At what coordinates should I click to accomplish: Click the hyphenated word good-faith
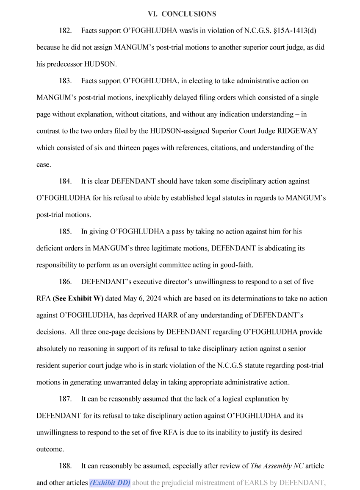tap(236, 265)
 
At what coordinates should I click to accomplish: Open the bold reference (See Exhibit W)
tap(78, 298)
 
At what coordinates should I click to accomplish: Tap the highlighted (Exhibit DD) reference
tap(110, 482)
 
